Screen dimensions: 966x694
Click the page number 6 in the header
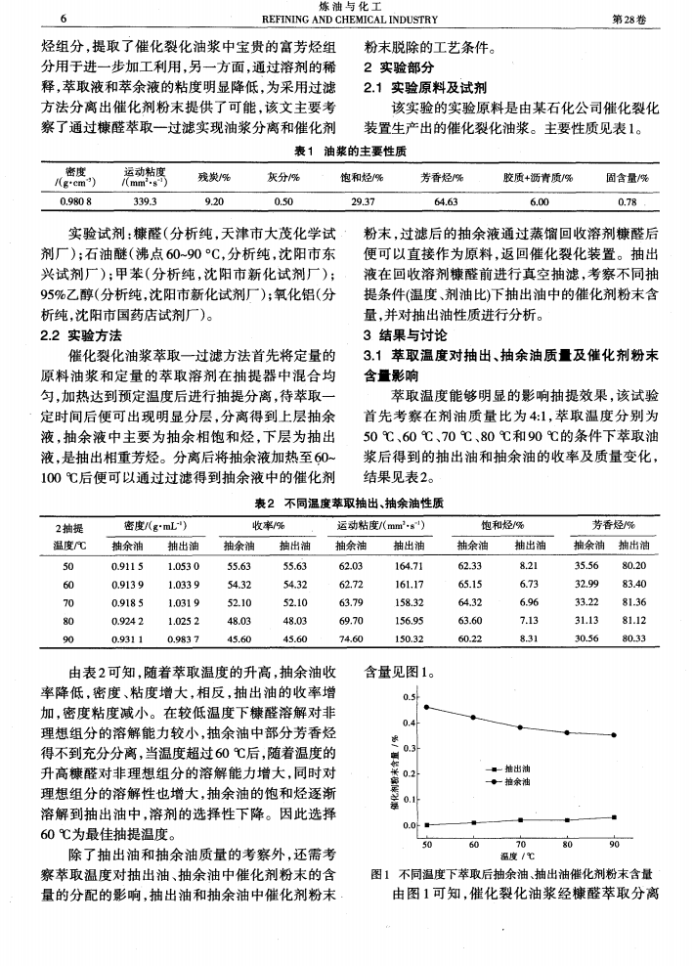click(x=63, y=20)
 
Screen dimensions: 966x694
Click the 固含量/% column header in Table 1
click(x=622, y=178)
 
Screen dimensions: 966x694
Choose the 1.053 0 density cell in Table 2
click(x=184, y=566)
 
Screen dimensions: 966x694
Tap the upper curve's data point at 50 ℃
click(x=426, y=706)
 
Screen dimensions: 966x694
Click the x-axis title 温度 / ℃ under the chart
click(x=519, y=855)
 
